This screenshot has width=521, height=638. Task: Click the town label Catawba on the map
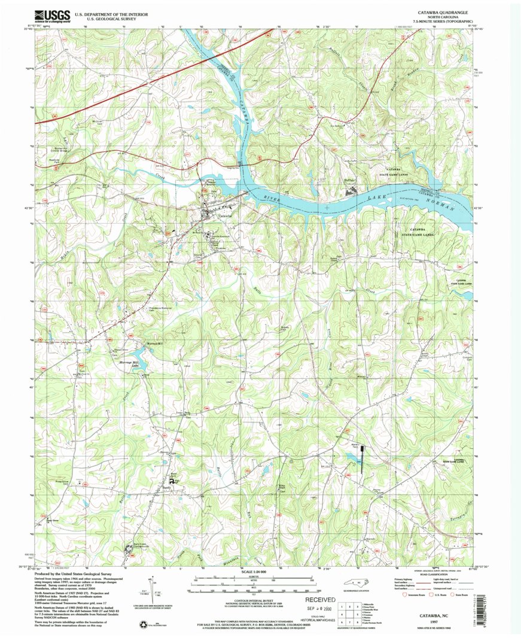click(224, 215)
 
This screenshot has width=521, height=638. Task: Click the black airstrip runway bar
click(362, 458)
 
